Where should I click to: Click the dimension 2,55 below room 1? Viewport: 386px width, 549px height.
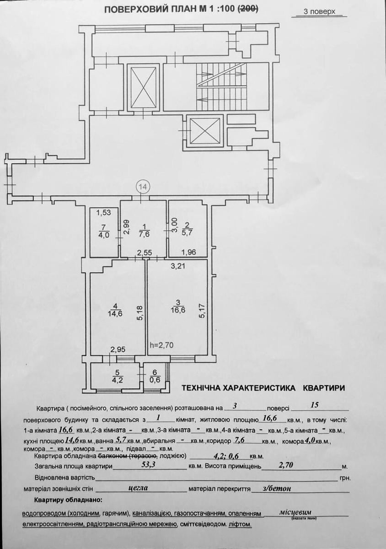(145, 253)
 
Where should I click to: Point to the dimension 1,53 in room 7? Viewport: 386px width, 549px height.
(103, 212)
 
